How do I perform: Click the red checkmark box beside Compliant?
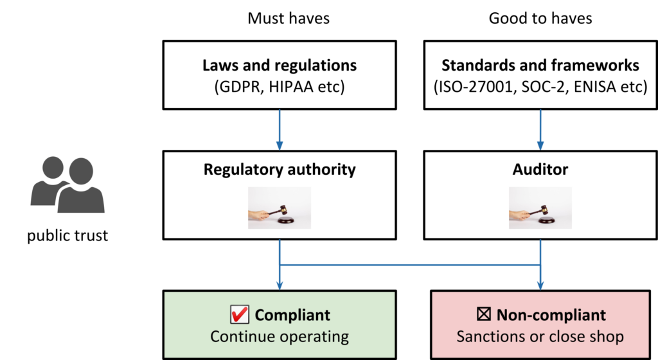tap(239, 315)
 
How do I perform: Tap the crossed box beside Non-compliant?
tap(483, 315)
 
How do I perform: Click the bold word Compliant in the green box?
tap(292, 315)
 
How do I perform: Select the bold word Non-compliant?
tap(551, 315)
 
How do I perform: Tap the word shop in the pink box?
tap(607, 337)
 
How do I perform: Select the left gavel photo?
tap(280, 208)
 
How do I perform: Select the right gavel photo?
tap(540, 208)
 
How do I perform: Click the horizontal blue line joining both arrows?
tap(410, 264)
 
